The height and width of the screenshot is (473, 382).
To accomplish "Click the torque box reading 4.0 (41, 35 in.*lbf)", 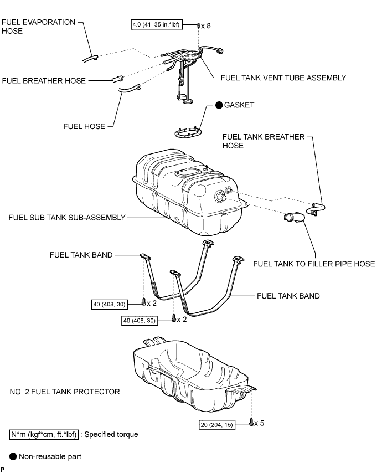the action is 157,25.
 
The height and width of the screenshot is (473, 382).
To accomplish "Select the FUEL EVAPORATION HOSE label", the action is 38,27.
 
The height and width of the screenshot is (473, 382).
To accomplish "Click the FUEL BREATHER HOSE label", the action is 44,80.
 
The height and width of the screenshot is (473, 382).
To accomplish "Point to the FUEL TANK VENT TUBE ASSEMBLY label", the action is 283,78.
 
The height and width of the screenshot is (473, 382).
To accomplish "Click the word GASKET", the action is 239,105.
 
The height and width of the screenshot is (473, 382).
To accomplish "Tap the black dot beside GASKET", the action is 219,105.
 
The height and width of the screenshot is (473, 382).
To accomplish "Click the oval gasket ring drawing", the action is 188,133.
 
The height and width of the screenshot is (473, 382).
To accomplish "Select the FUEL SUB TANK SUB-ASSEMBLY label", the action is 67,218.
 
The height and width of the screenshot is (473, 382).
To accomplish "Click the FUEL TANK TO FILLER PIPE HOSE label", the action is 314,264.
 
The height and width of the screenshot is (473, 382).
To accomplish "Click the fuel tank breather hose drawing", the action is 316,209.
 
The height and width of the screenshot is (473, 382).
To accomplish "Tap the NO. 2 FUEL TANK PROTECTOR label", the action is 65,392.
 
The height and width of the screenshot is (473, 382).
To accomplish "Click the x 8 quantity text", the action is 206,26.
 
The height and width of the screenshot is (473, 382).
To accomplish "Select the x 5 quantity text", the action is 259,423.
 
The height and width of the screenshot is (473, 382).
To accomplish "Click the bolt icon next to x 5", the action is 251,422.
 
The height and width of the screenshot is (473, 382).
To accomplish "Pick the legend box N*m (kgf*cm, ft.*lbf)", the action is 44,434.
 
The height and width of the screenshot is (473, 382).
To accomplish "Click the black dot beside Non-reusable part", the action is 13,456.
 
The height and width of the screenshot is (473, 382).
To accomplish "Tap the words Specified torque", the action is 111,434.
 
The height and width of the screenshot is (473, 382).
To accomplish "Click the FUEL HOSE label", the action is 84,126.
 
